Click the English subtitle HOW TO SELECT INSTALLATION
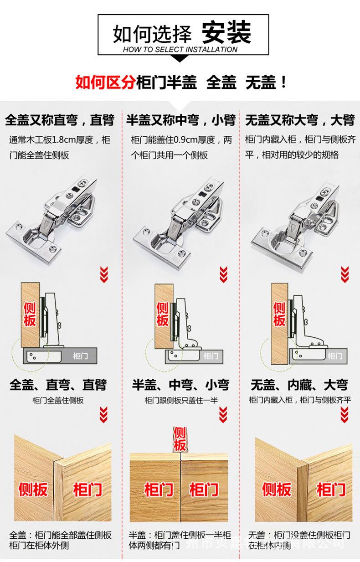point(180,49)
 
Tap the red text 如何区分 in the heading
point(105,82)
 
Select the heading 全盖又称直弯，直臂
point(60,120)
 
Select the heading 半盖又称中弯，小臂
point(180,120)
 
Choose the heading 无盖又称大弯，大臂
point(299,120)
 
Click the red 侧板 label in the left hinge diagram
point(30,314)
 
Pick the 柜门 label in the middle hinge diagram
point(211,356)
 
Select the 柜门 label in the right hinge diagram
point(335,356)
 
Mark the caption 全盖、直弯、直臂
point(58,385)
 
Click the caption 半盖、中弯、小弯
point(180,385)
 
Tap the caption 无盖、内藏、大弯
point(299,385)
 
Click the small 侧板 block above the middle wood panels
point(180,438)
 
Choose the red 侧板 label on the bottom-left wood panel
point(33,490)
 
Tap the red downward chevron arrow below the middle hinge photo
point(223,274)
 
